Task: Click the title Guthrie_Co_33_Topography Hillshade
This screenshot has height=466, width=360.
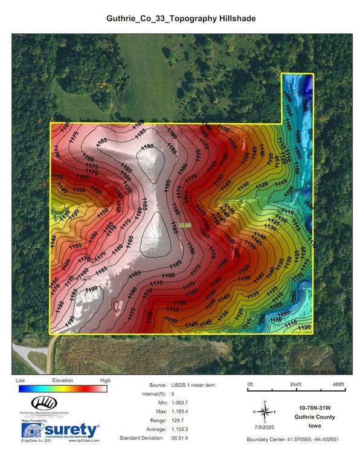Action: pos(181,19)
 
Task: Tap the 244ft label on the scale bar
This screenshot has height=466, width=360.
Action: pos(295,384)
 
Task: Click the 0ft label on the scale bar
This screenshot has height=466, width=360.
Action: pos(251,384)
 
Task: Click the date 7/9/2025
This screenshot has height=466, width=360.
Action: pos(265,426)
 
